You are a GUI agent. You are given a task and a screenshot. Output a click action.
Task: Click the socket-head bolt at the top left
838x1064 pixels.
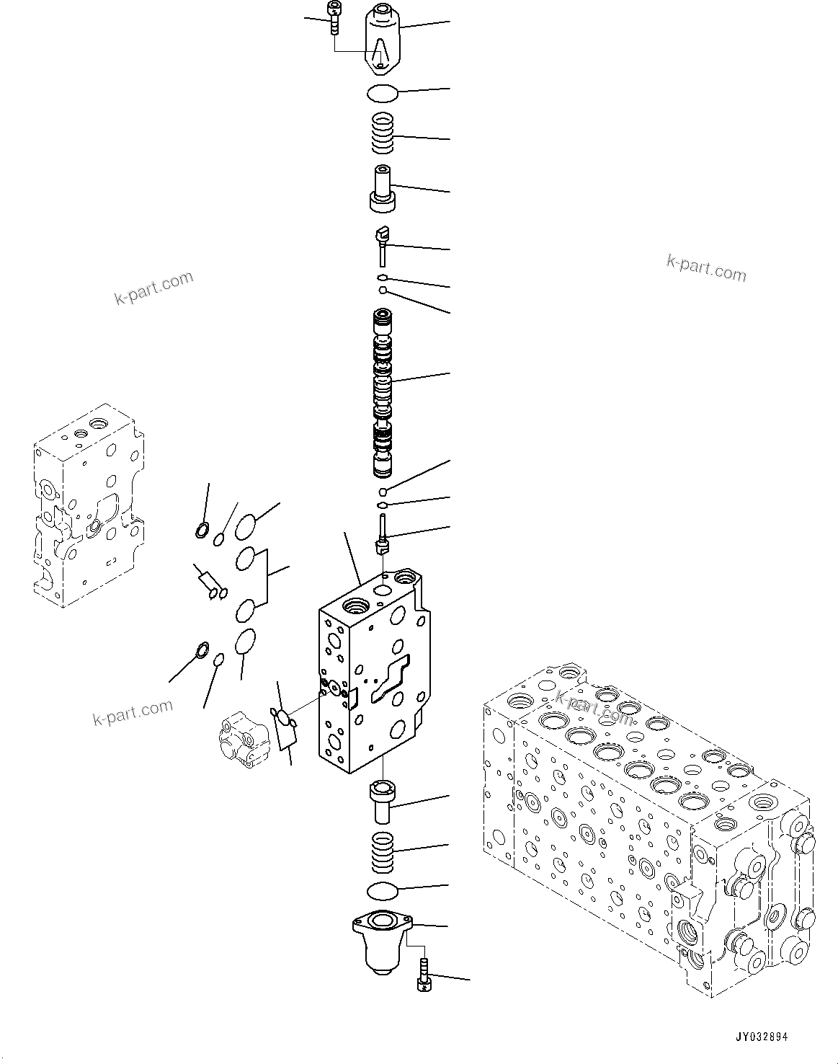(334, 17)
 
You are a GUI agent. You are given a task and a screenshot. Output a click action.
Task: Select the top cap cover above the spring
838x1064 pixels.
(382, 39)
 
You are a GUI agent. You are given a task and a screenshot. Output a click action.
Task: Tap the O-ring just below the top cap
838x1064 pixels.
(381, 93)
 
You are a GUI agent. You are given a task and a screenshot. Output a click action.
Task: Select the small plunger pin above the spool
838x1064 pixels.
(382, 243)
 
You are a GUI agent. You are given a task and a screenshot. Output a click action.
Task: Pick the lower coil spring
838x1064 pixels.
(383, 849)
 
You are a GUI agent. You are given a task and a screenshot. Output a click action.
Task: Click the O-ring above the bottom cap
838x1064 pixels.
(382, 891)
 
